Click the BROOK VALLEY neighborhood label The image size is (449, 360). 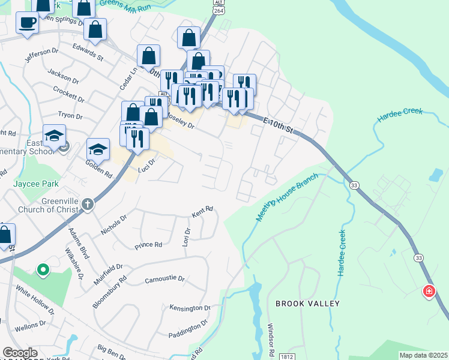pyautogui.click(x=307, y=304)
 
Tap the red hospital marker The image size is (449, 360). pyautogui.click(x=429, y=292)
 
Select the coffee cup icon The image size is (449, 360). pyautogui.click(x=27, y=23)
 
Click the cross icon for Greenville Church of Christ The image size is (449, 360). pyautogui.click(x=88, y=204)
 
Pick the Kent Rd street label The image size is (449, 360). pyautogui.click(x=202, y=212)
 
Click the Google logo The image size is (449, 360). pyautogui.click(x=20, y=352)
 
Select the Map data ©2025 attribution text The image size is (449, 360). pyautogui.click(x=423, y=355)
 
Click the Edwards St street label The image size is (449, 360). pyautogui.click(x=88, y=51)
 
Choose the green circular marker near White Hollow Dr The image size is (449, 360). pyautogui.click(x=43, y=271)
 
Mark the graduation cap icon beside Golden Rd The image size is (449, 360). pyautogui.click(x=98, y=148)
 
